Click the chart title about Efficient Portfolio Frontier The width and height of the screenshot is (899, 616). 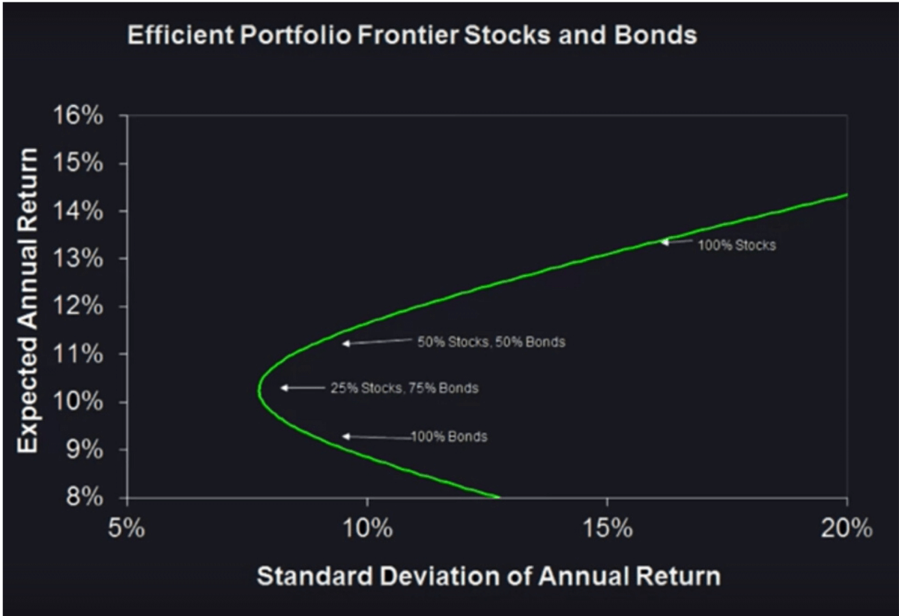tap(412, 35)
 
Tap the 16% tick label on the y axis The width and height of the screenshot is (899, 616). tap(78, 115)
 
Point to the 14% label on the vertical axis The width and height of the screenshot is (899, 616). tap(78, 211)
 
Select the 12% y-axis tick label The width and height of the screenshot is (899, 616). tap(78, 307)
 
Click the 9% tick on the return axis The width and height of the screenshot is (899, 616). tap(85, 450)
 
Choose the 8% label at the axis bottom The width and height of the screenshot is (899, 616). tap(85, 498)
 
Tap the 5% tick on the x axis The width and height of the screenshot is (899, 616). tap(127, 528)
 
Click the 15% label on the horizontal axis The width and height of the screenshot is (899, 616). tap(608, 528)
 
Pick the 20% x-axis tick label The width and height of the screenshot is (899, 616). tap(847, 528)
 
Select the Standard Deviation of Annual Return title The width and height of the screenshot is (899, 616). tap(488, 576)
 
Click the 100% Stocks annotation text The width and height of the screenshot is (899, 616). tap(737, 245)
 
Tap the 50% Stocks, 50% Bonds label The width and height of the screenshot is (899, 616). tap(491, 342)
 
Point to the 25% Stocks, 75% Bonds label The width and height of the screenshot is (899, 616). tap(405, 388)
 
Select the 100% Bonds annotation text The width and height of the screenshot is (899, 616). tap(449, 436)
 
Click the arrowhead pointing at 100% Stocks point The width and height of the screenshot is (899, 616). tap(664, 242)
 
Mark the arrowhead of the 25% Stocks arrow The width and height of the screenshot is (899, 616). tap(283, 388)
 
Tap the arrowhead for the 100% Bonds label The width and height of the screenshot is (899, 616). tap(345, 436)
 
